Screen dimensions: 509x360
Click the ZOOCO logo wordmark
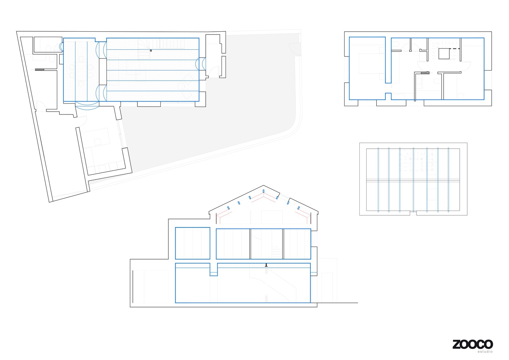click(x=473, y=344)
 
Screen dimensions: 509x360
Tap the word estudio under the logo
click(x=485, y=352)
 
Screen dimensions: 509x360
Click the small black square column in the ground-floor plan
click(x=151, y=50)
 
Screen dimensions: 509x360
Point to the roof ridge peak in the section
click(x=263, y=185)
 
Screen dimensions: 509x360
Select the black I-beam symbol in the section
click(x=266, y=265)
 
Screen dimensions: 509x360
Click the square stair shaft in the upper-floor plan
click(x=444, y=54)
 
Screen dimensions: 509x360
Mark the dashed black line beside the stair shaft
click(x=455, y=49)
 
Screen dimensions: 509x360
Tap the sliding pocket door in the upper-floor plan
click(x=425, y=73)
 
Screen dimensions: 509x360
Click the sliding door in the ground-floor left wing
click(x=39, y=69)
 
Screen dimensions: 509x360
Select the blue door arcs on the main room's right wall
click(x=201, y=64)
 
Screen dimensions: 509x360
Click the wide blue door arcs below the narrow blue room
click(x=87, y=106)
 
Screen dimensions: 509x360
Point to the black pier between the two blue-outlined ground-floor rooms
click(x=103, y=72)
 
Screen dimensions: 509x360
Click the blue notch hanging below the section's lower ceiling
click(x=214, y=270)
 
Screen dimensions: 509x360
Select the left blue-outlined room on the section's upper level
click(x=192, y=243)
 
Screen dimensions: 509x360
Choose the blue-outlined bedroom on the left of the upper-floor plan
click(x=367, y=68)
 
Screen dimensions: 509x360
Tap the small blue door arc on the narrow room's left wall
click(x=61, y=47)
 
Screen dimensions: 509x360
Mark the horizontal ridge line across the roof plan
click(x=413, y=180)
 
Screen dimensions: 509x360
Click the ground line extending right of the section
click(x=337, y=303)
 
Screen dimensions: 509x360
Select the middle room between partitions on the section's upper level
click(x=267, y=244)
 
